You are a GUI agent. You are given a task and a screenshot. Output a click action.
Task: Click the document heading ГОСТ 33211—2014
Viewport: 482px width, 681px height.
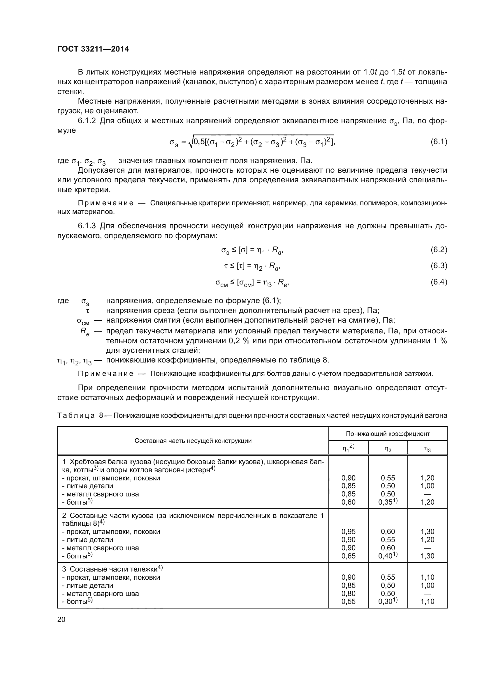[93, 49]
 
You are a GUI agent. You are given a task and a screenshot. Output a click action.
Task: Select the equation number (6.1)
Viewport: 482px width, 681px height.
[439, 142]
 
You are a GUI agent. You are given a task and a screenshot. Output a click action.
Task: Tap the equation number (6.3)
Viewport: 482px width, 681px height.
[439, 266]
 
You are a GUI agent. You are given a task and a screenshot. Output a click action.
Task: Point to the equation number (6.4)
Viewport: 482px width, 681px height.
[439, 282]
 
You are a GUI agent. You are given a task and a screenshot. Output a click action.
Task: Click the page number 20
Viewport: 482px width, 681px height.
[61, 619]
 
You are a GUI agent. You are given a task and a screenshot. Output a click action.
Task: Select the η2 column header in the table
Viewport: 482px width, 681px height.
[388, 450]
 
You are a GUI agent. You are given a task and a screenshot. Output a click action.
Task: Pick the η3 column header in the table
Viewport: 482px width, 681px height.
[427, 450]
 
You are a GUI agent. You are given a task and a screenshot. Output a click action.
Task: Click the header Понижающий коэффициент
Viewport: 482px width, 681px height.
[388, 434]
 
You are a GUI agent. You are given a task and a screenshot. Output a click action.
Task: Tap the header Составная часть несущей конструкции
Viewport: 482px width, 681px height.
[193, 441]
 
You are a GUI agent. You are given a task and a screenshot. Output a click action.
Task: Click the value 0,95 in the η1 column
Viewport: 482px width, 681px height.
[348, 532]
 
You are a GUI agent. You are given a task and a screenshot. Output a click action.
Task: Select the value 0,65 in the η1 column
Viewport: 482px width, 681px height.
[348, 556]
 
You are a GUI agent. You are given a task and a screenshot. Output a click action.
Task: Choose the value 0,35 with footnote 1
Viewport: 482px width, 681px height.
[388, 502]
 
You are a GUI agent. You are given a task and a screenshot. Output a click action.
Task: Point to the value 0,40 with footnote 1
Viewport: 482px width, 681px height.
[388, 556]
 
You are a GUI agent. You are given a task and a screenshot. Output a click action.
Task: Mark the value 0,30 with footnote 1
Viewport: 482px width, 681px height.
[388, 601]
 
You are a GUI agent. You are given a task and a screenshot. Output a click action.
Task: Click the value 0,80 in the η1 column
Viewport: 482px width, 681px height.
[348, 593]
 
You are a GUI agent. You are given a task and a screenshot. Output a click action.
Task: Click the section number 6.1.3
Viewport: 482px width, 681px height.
[87, 226]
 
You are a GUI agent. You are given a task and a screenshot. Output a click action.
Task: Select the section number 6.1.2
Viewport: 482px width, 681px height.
[87, 121]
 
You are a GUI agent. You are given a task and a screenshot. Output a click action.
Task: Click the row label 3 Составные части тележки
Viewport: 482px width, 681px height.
[112, 569]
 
